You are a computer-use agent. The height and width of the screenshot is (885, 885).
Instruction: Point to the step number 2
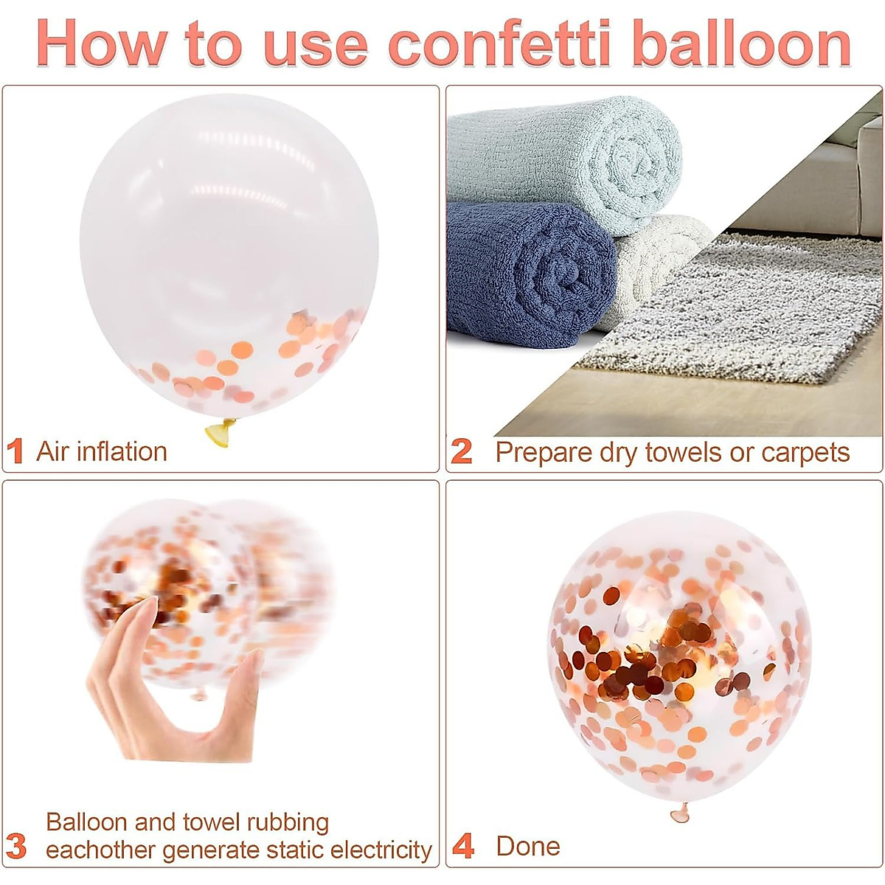(462, 451)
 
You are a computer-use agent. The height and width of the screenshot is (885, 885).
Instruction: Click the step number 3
(16, 847)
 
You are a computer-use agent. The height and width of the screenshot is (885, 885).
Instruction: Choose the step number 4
(463, 847)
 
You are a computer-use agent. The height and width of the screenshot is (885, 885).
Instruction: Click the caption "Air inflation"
(102, 451)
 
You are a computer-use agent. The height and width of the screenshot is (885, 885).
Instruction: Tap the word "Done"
(528, 846)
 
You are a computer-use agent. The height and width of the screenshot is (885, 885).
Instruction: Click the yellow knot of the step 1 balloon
(221, 432)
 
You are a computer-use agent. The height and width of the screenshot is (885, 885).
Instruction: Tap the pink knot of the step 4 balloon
(680, 813)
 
